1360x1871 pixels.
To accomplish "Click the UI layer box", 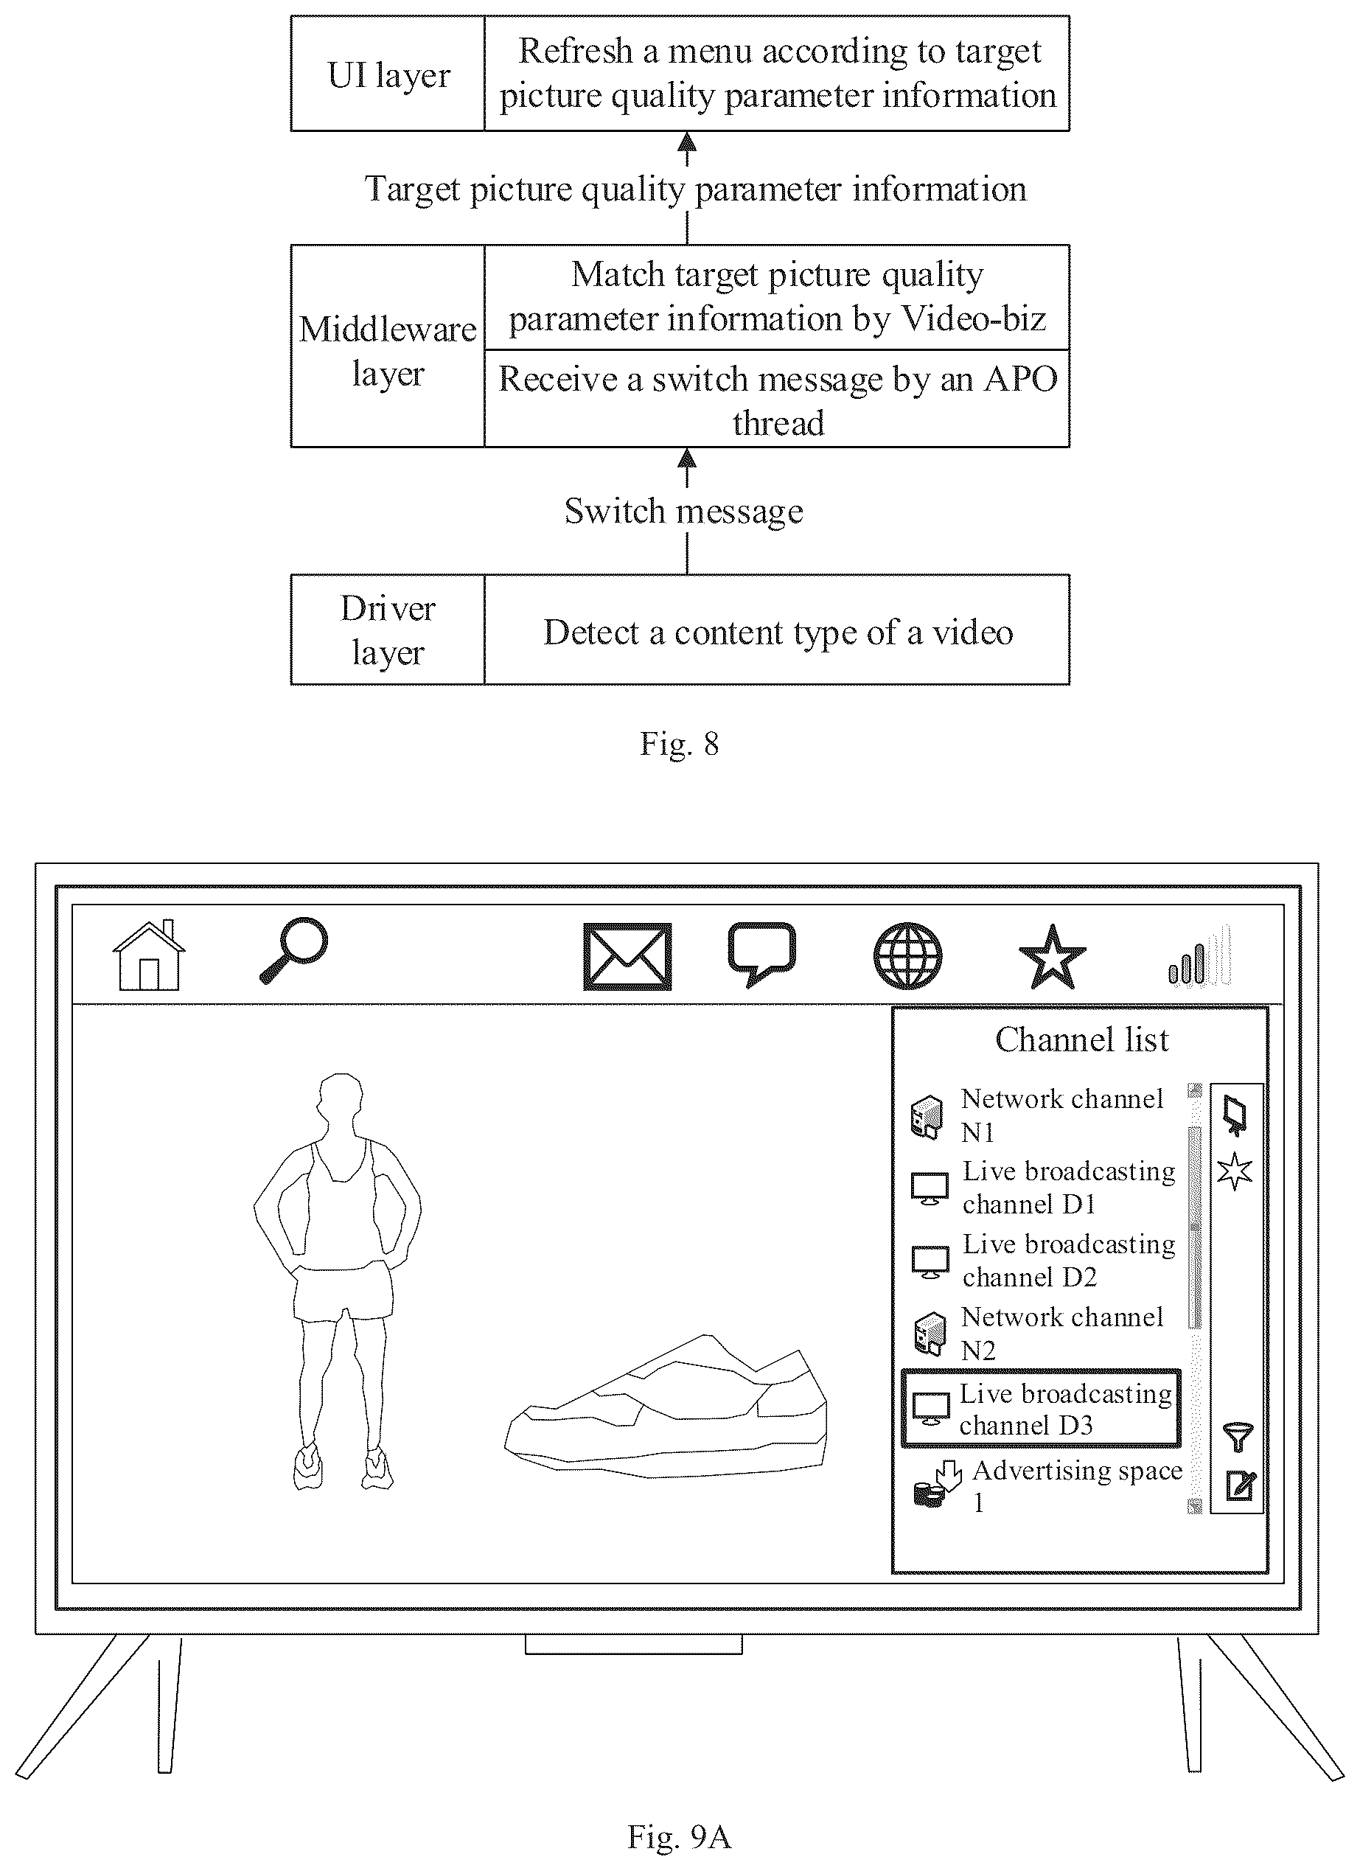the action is pyautogui.click(x=388, y=74).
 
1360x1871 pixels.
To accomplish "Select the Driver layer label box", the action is pyautogui.click(x=388, y=630).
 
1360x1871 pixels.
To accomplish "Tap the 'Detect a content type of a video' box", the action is pyautogui.click(x=777, y=630).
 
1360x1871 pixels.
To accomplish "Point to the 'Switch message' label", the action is pyautogui.click(x=684, y=512).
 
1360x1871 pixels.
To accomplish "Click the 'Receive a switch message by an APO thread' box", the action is pyautogui.click(x=777, y=400).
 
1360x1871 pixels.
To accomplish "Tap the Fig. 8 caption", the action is pyautogui.click(x=680, y=743).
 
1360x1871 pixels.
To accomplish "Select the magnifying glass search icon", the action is pyautogui.click(x=293, y=951).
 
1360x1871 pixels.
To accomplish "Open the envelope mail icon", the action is pyautogui.click(x=627, y=957).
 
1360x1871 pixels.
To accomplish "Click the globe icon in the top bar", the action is pyautogui.click(x=908, y=956).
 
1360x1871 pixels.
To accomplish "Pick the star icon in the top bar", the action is pyautogui.click(x=1053, y=957).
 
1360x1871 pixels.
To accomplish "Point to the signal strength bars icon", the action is pyautogui.click(x=1200, y=955).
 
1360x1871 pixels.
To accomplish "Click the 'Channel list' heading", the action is pyautogui.click(x=1082, y=1039).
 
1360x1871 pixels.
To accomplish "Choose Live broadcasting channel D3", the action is pyautogui.click(x=1041, y=1409).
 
